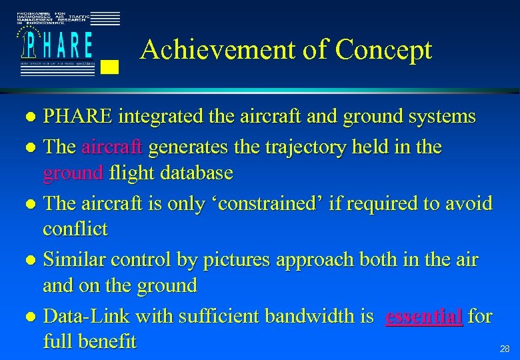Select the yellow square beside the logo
coord(111,65)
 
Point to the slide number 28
coord(505,349)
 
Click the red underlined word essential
coord(425,316)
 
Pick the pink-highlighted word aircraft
coord(113,146)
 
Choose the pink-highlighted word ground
coord(73,173)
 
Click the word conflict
coord(75,229)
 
